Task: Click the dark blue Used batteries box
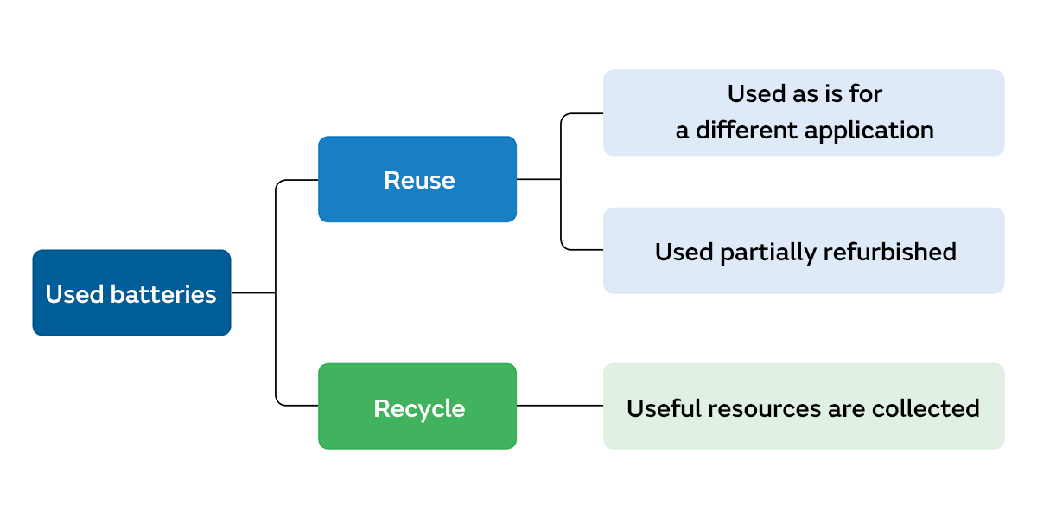point(131,292)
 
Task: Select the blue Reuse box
point(417,179)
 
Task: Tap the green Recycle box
point(417,406)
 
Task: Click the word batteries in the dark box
point(163,294)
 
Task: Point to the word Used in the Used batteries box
point(74,294)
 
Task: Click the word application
point(869,131)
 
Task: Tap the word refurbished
point(889,252)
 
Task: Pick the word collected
point(926,408)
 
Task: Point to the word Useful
point(664,408)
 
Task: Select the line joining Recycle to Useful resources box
point(560,406)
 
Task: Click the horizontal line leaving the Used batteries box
point(253,292)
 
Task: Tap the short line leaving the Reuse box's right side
point(538,179)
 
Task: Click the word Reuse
point(419,180)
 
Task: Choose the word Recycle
point(419,408)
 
